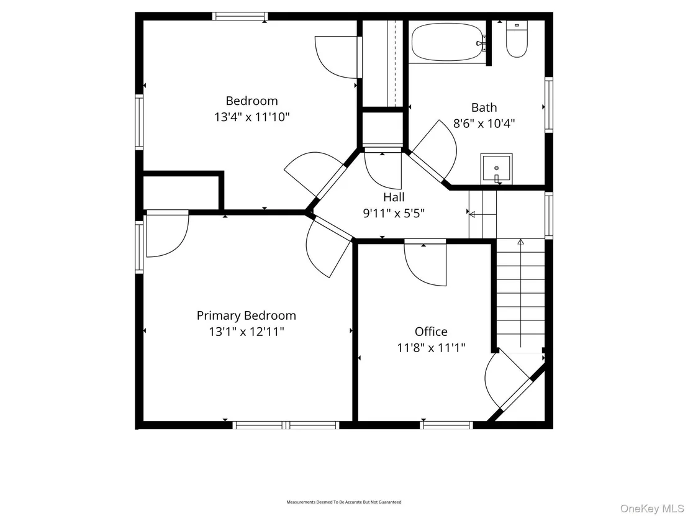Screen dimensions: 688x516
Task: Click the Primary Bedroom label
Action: [x=246, y=315]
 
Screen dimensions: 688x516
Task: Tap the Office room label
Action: [x=432, y=332]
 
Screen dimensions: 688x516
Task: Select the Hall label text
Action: [x=394, y=197]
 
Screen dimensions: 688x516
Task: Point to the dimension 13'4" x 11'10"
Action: [x=252, y=117]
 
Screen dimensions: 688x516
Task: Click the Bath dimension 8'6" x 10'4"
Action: [x=484, y=124]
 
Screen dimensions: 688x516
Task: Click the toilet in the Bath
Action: [x=517, y=38]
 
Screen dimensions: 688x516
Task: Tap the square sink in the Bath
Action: [x=496, y=169]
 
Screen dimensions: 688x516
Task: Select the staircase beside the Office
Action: [x=521, y=294]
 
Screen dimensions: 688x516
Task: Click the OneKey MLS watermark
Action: [x=652, y=508]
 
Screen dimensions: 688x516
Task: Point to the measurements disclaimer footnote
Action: [x=344, y=502]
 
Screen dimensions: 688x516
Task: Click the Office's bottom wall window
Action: [x=446, y=425]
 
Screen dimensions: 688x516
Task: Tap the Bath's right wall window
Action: [x=549, y=104]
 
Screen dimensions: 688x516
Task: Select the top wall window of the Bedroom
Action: [x=240, y=16]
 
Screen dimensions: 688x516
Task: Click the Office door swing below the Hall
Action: [x=425, y=265]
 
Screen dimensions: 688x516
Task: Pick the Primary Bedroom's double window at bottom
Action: [x=286, y=425]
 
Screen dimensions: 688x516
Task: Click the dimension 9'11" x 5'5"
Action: [x=394, y=213]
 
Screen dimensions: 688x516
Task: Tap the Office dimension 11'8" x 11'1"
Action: [x=432, y=348]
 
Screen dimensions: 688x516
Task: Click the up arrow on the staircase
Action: [x=521, y=292]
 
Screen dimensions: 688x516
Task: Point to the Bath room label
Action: [x=484, y=107]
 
